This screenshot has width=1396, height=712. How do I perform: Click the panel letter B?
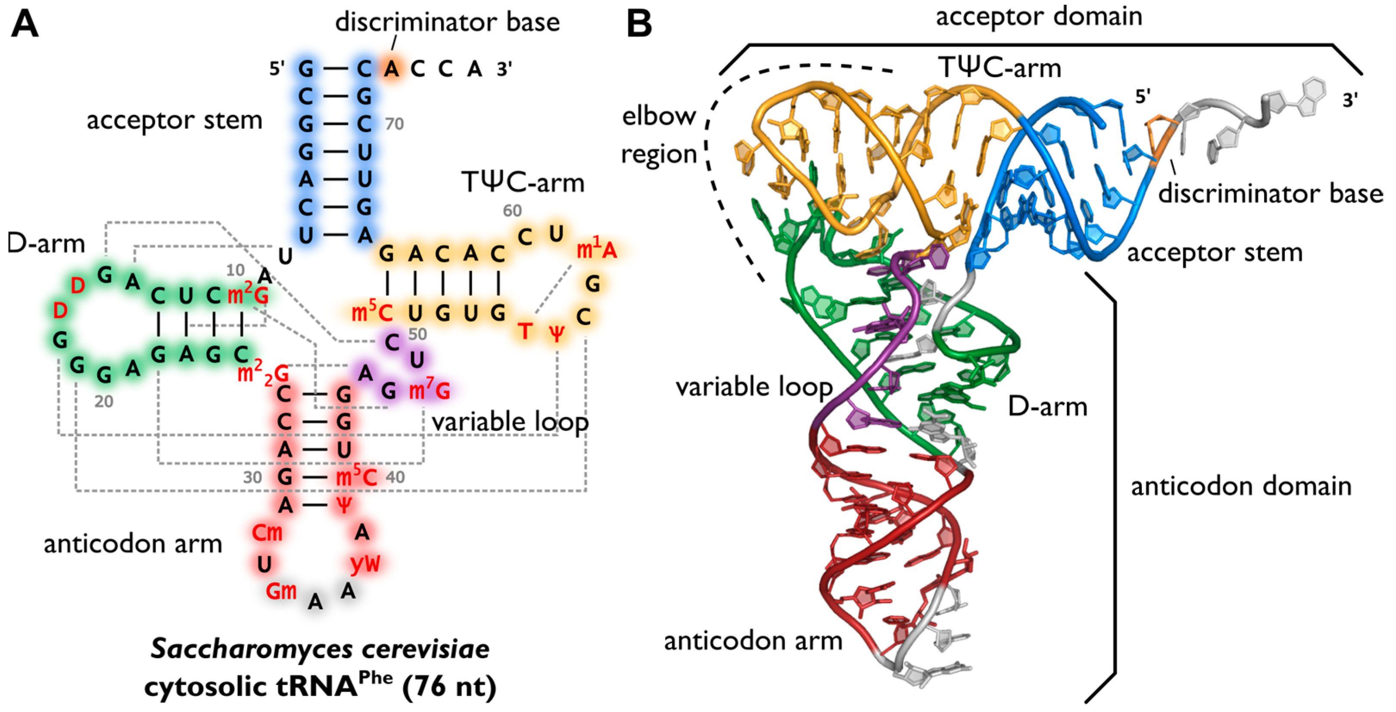639,25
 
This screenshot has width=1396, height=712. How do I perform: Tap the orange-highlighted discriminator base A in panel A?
392,69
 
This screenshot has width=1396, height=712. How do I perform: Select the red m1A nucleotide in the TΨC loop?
596,250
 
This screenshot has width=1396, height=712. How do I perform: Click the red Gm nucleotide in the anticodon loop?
281,591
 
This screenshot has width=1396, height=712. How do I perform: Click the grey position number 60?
512,211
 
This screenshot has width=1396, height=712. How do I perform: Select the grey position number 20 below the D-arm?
103,401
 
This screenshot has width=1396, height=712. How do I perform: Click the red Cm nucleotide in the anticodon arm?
267,533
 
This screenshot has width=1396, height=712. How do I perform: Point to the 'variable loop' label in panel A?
509,422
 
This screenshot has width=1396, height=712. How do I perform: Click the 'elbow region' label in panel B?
658,135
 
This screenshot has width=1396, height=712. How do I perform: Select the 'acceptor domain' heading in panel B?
1039,16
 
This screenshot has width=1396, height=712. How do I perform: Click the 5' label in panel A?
277,69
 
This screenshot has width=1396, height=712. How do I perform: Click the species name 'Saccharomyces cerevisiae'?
320,649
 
